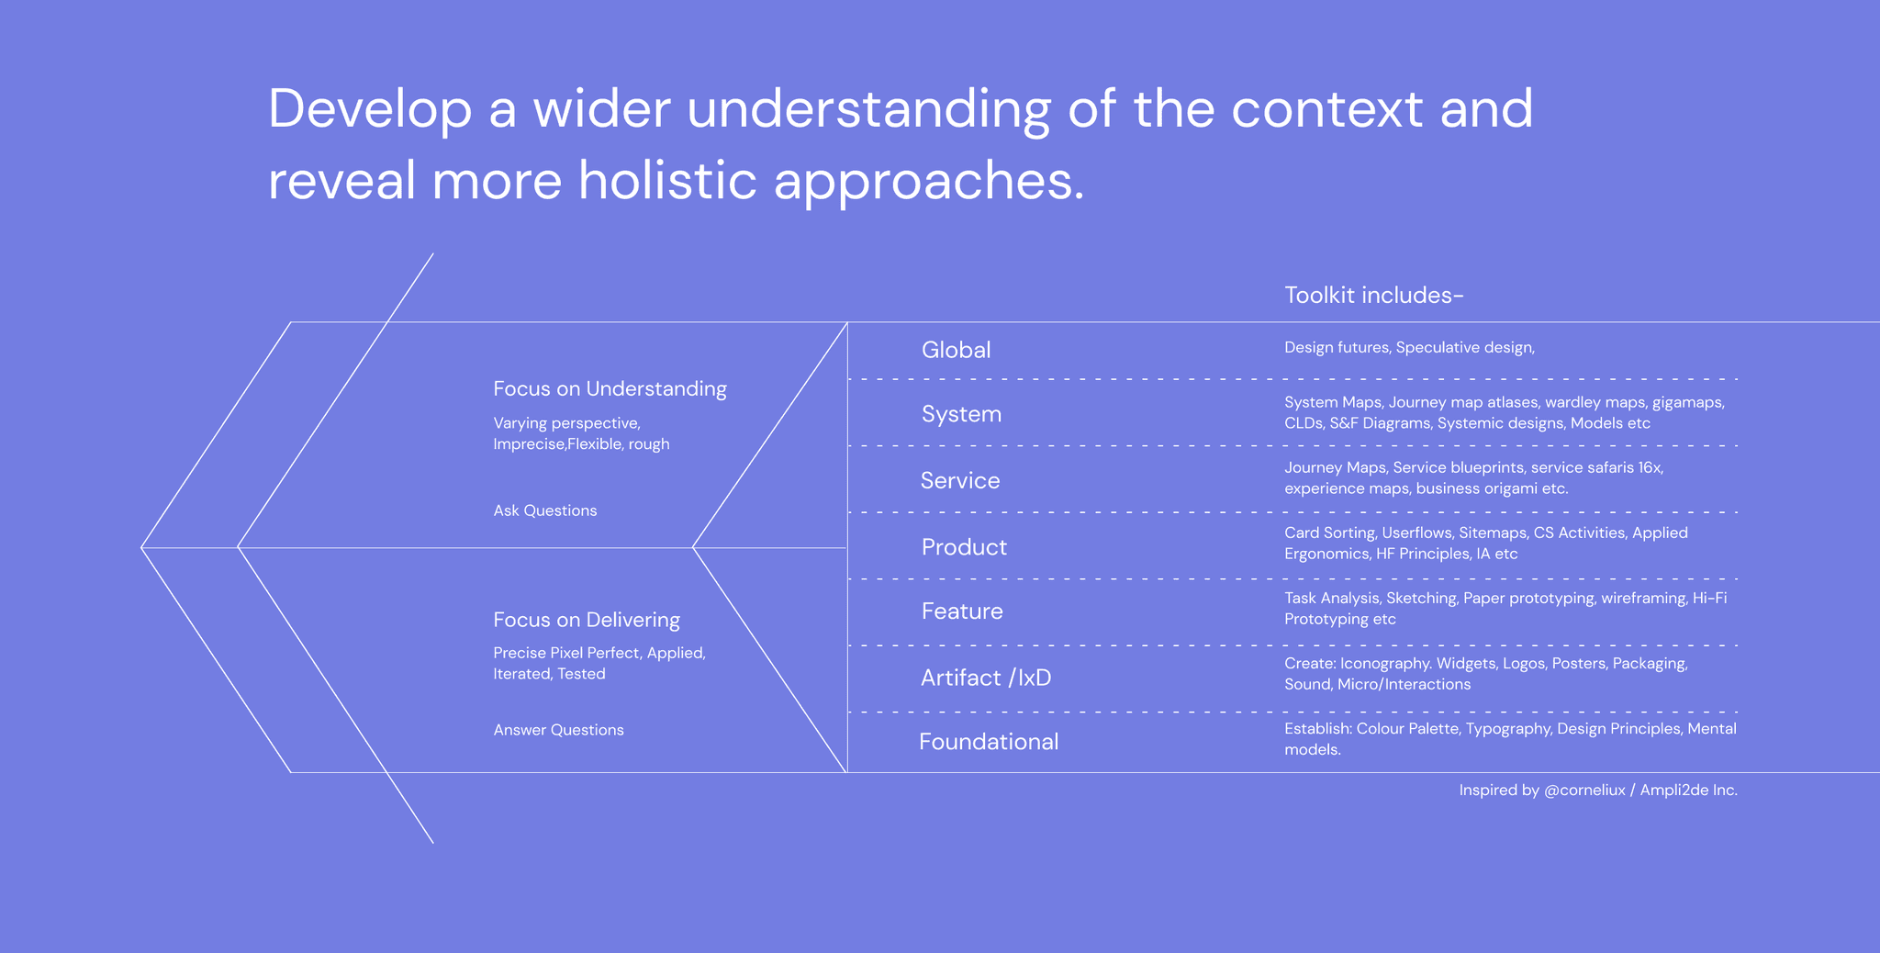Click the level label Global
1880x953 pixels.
(956, 350)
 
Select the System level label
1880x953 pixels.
(961, 414)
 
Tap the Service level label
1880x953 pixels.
(960, 480)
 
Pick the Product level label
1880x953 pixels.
(964, 547)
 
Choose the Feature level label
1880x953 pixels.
(962, 611)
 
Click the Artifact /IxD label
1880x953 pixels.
(986, 678)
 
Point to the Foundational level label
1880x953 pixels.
(989, 742)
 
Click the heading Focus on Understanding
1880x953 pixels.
(610, 389)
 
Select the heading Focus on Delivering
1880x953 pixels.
(587, 620)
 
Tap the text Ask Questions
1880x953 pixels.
(545, 510)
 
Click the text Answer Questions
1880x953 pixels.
(558, 730)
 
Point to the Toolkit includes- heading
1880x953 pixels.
(1373, 295)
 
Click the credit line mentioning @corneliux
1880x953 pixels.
(1598, 790)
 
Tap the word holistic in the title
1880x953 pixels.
(667, 179)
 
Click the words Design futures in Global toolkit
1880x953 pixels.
(1336, 348)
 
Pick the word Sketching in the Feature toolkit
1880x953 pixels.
(1421, 599)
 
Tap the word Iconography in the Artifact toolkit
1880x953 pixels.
(1384, 664)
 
